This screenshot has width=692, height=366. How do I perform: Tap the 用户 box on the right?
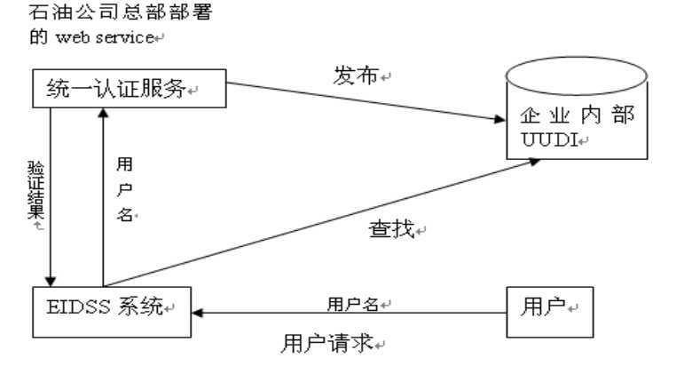coord(547,312)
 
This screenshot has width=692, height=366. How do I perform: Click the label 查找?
coord(391,232)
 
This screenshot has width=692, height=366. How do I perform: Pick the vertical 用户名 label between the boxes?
coord(125,190)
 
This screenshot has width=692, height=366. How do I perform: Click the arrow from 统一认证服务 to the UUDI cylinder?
coord(364,101)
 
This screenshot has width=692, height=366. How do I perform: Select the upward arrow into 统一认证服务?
coord(103,195)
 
